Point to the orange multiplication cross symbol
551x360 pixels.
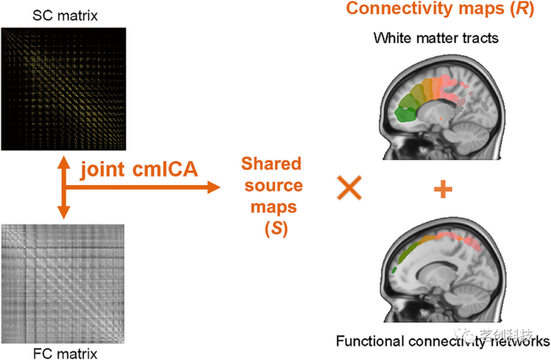pos(350,188)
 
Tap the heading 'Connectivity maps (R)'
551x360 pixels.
pos(442,11)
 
